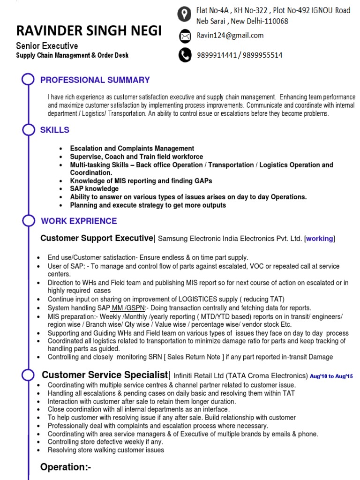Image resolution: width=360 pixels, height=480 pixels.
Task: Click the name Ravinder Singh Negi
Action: (x=89, y=31)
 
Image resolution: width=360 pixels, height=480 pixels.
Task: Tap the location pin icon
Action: (x=185, y=15)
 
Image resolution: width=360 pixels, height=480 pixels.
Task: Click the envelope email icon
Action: (x=185, y=36)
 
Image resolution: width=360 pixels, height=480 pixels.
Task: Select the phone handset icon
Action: (x=185, y=55)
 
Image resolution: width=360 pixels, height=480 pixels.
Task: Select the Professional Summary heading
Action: (x=95, y=80)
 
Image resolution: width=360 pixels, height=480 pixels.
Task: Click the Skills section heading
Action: (x=54, y=130)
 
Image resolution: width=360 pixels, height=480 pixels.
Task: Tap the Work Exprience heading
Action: (x=79, y=221)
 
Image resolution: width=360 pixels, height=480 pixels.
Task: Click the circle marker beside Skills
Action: (x=29, y=130)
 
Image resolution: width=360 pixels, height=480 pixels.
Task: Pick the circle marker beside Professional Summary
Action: (x=29, y=80)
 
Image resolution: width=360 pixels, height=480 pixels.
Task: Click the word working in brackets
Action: (x=320, y=239)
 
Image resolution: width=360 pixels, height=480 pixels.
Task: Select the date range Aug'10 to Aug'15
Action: (x=331, y=376)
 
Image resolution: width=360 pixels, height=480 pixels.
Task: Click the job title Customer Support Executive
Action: (x=97, y=238)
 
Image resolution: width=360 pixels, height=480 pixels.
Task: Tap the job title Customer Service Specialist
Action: (x=105, y=375)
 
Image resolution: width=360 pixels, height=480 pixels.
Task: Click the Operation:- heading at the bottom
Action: (x=66, y=467)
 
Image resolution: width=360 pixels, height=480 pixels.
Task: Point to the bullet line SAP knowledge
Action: (x=94, y=189)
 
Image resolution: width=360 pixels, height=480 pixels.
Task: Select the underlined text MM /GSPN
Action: (x=128, y=308)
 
